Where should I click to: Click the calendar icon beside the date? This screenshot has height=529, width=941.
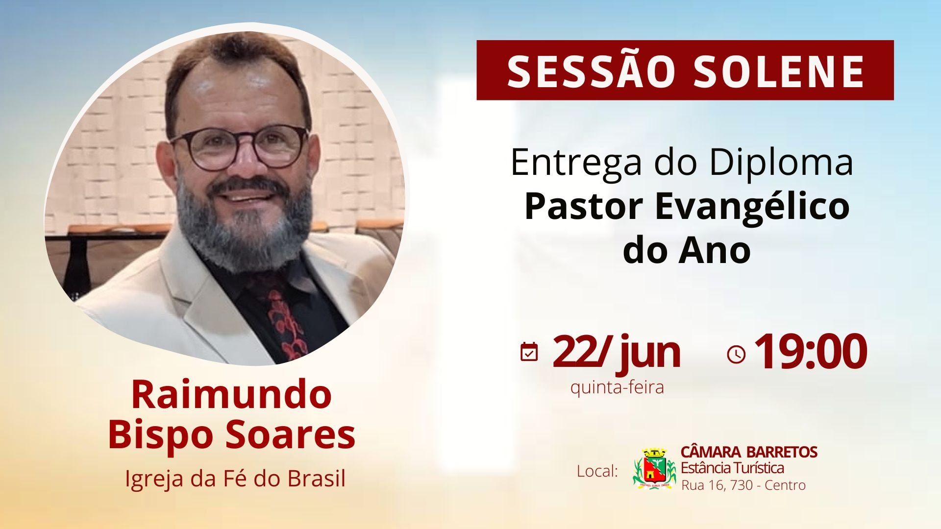coord(529,352)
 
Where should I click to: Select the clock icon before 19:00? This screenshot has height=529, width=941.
coord(736,355)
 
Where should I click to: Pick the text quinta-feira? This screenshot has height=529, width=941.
coord(617,387)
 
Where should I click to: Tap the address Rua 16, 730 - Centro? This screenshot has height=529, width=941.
coord(743,485)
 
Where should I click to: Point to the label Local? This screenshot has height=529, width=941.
coord(597,471)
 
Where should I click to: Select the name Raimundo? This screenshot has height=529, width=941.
coord(231,395)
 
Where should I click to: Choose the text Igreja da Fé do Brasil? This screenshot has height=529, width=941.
coord(235,479)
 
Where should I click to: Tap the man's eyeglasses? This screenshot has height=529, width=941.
coord(240,145)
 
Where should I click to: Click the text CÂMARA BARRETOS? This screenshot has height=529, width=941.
coord(749,452)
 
